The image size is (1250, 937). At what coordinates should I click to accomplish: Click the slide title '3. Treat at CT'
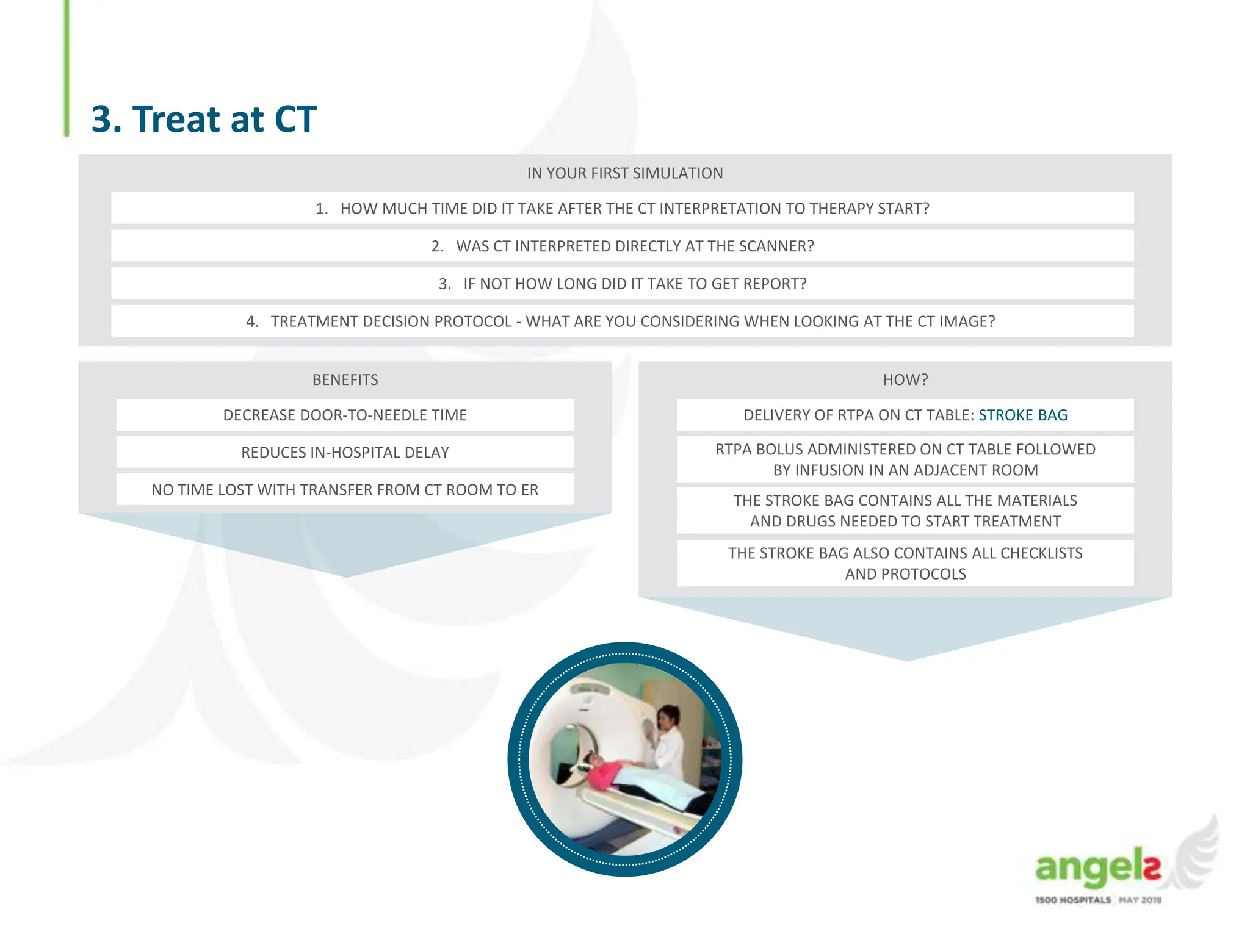pos(204,119)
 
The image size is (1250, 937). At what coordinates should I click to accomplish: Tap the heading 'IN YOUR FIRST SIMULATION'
pos(624,173)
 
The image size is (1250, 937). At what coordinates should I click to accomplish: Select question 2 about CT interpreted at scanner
pos(623,246)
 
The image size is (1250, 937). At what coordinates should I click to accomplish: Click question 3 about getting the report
pos(623,284)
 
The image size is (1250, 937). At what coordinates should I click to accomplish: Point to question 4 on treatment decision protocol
pos(621,321)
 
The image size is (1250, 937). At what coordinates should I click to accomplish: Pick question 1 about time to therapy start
pos(623,209)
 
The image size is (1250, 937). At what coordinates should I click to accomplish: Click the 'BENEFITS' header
pos(345,380)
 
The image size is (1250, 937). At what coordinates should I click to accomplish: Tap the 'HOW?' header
pos(905,380)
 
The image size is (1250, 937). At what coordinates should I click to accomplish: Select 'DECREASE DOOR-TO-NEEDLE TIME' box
pos(345,415)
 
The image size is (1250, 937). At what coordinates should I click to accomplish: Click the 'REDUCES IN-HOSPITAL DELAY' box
pos(345,453)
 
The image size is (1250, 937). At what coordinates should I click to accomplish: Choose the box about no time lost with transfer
pos(345,490)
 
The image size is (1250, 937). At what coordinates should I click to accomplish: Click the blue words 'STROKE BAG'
pos(1023,415)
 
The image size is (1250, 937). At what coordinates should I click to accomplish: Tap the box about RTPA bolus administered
pos(905,459)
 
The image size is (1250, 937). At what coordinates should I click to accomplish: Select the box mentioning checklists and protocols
pos(905,563)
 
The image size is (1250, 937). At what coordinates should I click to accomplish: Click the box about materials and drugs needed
pos(905,511)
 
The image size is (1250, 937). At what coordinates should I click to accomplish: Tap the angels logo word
pos(1096,867)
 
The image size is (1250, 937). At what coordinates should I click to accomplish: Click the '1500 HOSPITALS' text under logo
pos(1072,900)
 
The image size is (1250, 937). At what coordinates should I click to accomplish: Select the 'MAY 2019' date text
pos(1140,900)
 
